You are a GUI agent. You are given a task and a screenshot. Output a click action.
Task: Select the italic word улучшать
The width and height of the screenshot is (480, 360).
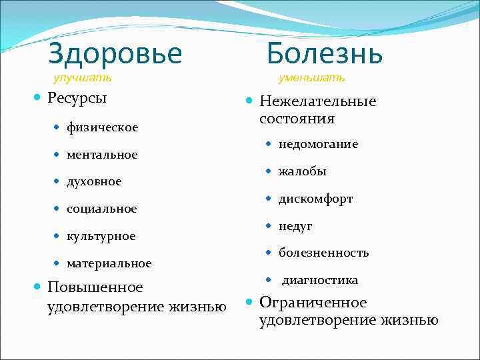tap(82, 77)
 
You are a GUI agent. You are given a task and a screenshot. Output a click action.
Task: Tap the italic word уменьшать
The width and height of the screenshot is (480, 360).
tap(311, 77)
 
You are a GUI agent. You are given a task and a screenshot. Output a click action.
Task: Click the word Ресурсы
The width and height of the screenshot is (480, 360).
tap(77, 98)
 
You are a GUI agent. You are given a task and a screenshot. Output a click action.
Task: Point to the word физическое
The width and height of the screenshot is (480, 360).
tap(102, 127)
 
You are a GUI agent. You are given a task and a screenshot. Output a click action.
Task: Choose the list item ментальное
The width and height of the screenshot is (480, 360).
tap(102, 154)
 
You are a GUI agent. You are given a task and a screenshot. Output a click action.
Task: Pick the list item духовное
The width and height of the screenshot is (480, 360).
tap(94, 181)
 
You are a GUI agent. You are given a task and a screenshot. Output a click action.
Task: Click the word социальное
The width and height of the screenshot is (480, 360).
tap(101, 209)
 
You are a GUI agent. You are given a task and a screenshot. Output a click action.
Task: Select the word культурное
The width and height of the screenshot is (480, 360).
tap(101, 236)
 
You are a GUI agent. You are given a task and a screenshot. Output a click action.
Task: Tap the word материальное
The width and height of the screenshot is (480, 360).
tap(109, 263)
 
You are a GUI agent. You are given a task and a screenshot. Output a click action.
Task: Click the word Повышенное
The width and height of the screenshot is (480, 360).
tap(95, 287)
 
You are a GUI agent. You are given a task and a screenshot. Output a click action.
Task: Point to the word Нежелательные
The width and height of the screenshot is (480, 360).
tap(318, 101)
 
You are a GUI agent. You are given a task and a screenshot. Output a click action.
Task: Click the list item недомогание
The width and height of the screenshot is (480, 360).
tap(318, 144)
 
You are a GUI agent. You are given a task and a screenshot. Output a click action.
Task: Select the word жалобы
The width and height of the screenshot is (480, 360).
tap(303, 171)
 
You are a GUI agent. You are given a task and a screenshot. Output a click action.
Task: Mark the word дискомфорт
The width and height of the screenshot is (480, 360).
tap(315, 199)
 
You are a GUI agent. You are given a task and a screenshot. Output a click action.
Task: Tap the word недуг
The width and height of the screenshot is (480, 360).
tap(295, 226)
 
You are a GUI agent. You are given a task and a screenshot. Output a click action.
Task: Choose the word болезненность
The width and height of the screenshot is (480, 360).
tap(323, 253)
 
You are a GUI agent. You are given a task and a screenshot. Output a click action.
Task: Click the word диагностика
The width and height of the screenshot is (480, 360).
tap(319, 280)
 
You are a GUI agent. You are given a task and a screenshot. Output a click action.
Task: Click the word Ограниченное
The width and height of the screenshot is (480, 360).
tap(313, 303)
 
